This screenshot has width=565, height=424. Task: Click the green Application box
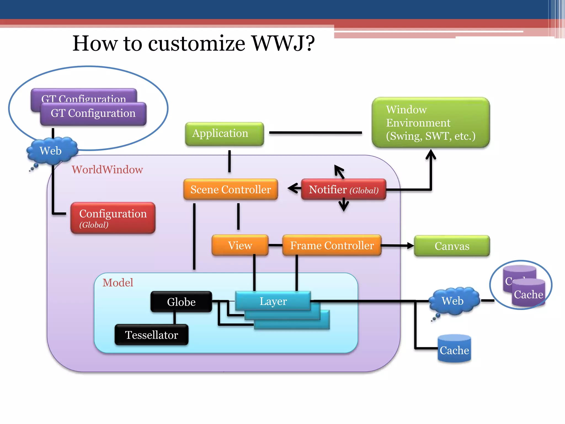click(x=224, y=134)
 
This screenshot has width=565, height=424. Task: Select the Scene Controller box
click(x=231, y=190)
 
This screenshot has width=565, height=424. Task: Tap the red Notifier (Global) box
click(x=343, y=190)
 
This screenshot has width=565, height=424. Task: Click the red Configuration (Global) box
click(x=113, y=218)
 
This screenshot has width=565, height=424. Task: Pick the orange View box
click(x=240, y=245)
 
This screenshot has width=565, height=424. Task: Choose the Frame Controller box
click(x=332, y=245)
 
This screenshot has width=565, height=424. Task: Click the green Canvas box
click(x=452, y=246)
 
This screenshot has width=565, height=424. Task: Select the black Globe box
click(x=181, y=302)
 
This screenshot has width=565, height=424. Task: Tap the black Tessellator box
click(x=151, y=335)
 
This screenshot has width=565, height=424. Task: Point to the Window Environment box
click(x=431, y=123)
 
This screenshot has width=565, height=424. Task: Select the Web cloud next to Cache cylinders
click(x=453, y=301)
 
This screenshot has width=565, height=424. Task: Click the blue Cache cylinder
click(x=454, y=349)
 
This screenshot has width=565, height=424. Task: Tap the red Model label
click(x=118, y=283)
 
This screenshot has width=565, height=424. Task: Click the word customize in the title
click(x=196, y=43)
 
